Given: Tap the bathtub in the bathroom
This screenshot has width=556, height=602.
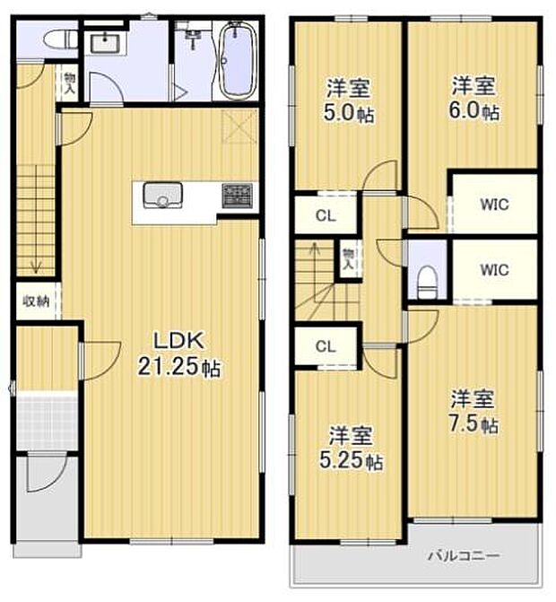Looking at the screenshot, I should click(239, 62).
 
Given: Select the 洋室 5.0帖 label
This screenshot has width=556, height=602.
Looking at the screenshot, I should click(349, 100).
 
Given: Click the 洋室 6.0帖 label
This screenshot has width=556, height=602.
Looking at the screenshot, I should click(474, 99).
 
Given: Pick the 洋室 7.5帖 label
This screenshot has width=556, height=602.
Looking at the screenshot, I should click(473, 411).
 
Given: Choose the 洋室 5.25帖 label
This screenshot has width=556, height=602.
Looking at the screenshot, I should click(352, 449).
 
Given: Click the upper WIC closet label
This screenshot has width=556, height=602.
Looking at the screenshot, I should click(493, 205).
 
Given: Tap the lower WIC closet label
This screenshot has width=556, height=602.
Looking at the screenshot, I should click(493, 269).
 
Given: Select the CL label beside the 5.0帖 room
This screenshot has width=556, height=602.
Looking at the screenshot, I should click(326, 215).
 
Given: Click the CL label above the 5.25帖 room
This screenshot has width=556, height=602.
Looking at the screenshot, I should click(326, 346).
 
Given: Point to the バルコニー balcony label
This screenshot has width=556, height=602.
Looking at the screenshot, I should click(461, 555).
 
